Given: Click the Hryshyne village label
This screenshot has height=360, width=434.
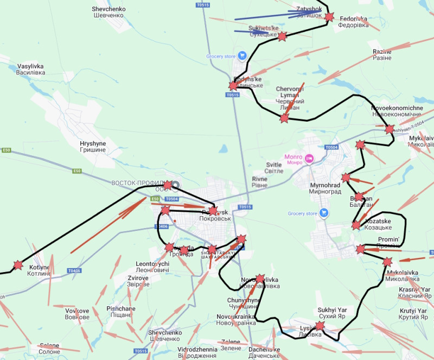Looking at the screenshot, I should click(x=93, y=147).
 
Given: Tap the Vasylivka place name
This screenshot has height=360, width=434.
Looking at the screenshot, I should click(x=30, y=69).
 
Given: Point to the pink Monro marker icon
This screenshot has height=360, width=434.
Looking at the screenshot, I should click(x=309, y=159).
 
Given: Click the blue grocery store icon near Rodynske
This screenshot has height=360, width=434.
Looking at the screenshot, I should click(x=242, y=56).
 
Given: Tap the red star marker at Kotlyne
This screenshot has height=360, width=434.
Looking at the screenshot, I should click(x=18, y=265).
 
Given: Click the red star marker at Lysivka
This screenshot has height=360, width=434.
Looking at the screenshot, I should click(x=320, y=326).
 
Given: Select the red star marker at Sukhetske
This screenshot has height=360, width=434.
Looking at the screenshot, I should click(x=282, y=36).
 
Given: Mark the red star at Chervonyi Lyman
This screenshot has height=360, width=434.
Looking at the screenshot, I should click(x=284, y=118).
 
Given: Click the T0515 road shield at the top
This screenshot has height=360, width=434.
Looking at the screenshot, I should click(x=202, y=5).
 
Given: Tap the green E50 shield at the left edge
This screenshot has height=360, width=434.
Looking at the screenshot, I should click(x=6, y=150).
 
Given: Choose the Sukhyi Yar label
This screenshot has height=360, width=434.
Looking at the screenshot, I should click(x=332, y=313).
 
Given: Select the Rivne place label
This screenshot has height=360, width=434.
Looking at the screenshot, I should click(x=260, y=182).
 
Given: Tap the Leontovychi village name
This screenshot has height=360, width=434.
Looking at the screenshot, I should click(x=152, y=267).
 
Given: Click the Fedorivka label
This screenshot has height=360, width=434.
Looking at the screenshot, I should click(x=353, y=22).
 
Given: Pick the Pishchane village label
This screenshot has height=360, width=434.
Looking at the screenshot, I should click(x=121, y=312).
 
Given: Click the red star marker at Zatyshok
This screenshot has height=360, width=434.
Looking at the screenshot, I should click(x=329, y=16).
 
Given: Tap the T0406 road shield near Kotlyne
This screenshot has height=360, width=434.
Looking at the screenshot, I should click(x=74, y=270).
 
